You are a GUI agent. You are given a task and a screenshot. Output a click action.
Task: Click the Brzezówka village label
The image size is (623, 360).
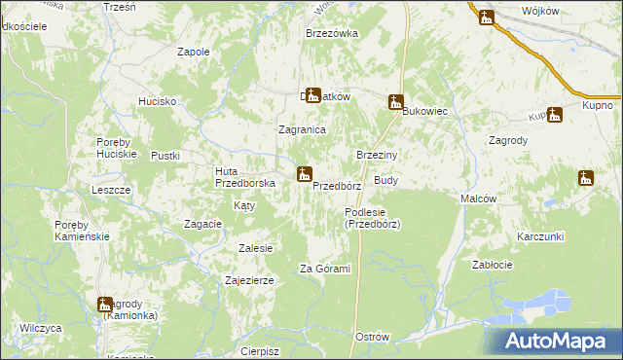[332, 33]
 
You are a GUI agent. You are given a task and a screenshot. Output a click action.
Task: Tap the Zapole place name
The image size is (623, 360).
[194, 52]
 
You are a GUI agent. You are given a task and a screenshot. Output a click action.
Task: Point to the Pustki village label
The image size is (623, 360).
[165, 156]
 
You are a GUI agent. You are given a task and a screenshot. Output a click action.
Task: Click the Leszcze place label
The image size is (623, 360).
[110, 190]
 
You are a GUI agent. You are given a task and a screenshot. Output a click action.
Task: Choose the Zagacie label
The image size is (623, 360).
[203, 224]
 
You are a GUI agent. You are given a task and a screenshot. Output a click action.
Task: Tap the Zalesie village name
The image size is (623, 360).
[255, 248]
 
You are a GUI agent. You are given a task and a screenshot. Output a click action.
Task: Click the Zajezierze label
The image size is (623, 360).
[248, 280]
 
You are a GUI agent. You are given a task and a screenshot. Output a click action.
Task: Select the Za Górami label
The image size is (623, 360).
[324, 269]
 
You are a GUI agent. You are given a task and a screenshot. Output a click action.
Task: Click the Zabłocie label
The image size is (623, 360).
[492, 265]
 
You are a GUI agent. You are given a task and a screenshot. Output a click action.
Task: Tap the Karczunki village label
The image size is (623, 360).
[541, 237]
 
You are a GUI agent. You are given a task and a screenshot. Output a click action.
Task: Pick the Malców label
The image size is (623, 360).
[479, 198]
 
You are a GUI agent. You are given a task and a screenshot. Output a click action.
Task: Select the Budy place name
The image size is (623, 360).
[385, 181]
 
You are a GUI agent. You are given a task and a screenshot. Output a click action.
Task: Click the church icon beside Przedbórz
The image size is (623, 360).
[305, 175]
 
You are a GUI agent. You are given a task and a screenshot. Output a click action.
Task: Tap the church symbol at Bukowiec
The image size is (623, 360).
[396, 101]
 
